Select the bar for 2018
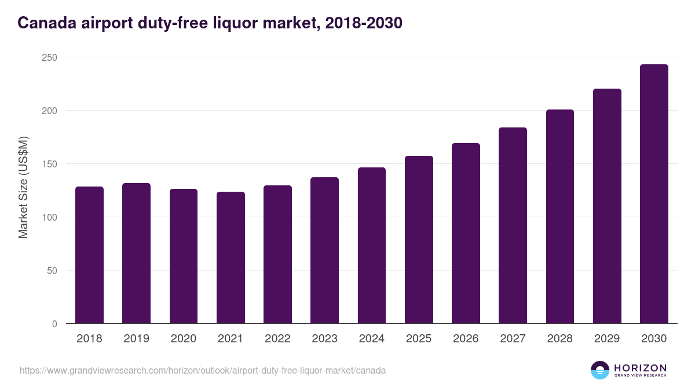click(89, 255)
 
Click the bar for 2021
click(231, 258)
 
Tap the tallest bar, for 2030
click(654, 194)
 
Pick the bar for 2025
click(419, 240)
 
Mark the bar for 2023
click(324, 250)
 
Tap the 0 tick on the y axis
click(54, 324)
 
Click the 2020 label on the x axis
click(183, 339)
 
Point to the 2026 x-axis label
click(466, 339)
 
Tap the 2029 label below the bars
click(607, 339)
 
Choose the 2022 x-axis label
click(277, 339)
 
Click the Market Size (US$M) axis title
click(23, 187)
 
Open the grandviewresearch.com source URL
click(203, 370)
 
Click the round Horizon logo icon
click(600, 370)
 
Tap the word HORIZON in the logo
click(640, 367)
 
